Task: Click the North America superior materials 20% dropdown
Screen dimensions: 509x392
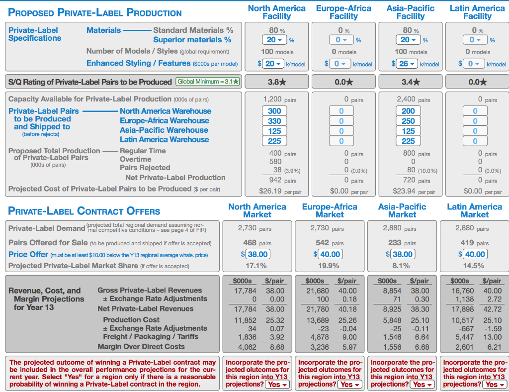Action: (274, 40)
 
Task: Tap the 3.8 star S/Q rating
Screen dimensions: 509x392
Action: (276, 82)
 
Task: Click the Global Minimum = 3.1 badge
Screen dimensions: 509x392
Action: (208, 82)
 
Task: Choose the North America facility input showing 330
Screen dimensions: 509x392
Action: (274, 121)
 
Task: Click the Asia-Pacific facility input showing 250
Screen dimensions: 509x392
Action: (408, 121)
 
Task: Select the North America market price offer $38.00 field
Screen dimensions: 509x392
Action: (258, 254)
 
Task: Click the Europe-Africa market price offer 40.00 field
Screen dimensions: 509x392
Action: (330, 254)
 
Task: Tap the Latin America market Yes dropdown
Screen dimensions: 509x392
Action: (494, 385)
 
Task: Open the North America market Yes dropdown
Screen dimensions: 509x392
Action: (277, 385)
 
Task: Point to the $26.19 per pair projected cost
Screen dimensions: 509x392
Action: (280, 191)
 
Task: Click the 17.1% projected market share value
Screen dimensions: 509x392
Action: (256, 266)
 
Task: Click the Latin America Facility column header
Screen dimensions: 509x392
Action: (477, 12)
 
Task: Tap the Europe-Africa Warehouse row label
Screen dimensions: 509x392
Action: (164, 121)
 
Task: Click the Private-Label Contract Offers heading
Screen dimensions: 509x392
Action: (84, 211)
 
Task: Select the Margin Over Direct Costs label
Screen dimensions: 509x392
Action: (141, 347)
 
